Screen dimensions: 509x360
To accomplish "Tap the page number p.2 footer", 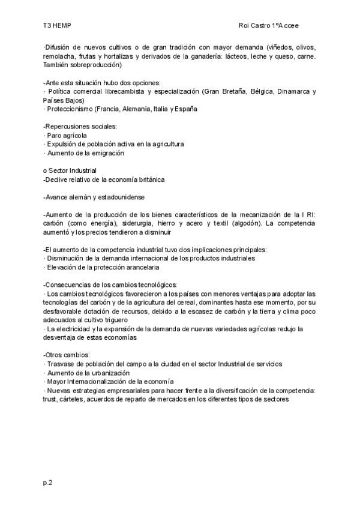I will pyautogui.click(x=48, y=482).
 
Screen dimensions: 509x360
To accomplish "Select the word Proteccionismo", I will pyautogui.click(x=68, y=109).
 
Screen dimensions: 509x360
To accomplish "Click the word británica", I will pyautogui.click(x=148, y=179).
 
